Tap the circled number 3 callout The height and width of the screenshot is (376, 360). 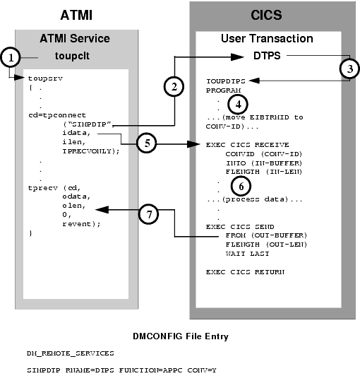(347, 69)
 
